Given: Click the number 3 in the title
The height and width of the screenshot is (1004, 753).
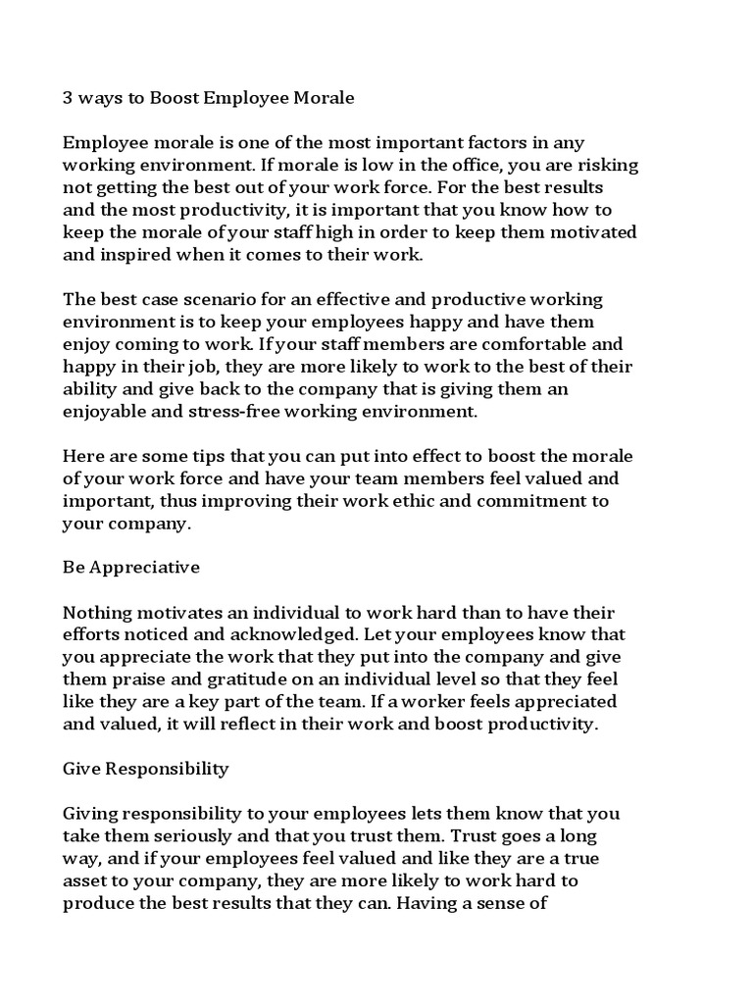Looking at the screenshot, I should click(x=69, y=99).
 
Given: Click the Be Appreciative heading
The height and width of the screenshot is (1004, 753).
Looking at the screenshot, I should click(x=131, y=568).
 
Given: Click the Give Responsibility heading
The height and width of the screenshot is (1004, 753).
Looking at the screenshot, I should click(x=145, y=769).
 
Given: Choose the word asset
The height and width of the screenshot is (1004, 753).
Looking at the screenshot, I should click(x=86, y=880).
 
